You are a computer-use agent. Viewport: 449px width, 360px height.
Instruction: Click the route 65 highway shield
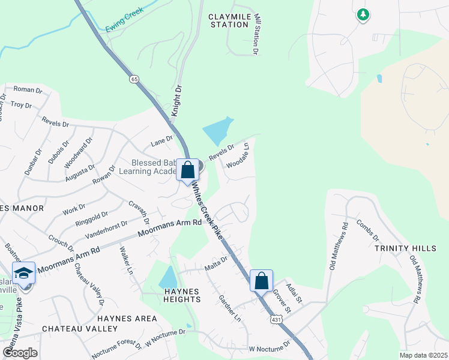click(133, 79)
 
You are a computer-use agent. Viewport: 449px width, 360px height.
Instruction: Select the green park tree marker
click(363, 14)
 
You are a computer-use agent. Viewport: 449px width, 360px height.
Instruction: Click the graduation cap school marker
click(23, 273)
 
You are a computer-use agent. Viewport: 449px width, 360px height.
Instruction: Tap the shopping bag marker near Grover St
click(261, 280)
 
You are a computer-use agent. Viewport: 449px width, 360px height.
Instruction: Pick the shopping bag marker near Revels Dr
click(187, 170)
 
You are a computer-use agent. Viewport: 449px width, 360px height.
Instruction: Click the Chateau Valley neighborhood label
click(80, 329)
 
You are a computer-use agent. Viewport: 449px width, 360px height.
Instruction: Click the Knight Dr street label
click(176, 101)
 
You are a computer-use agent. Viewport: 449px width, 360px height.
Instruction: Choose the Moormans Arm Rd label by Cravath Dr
click(170, 228)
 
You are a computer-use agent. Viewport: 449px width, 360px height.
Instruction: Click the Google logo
click(20, 353)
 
